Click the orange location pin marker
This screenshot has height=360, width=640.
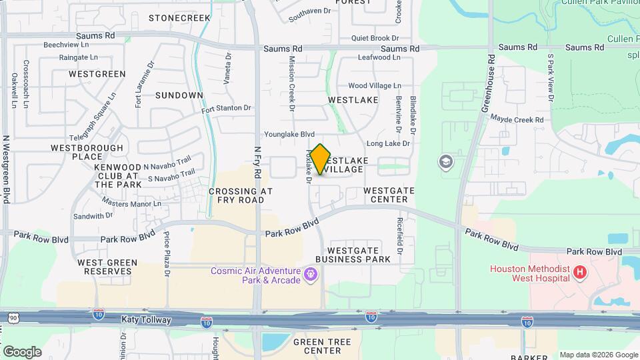321,159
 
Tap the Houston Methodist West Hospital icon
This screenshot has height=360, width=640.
580,272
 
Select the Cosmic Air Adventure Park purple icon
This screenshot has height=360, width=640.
311,274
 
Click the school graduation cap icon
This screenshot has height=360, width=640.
445,161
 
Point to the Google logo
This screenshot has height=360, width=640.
22,351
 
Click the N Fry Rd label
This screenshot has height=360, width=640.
258,163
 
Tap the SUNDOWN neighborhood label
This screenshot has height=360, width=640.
179,95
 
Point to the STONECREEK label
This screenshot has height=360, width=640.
179,18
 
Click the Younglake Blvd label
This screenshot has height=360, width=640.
289,134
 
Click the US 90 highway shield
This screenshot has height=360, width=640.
13,318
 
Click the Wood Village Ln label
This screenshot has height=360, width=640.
375,86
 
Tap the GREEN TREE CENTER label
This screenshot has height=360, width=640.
317,346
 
